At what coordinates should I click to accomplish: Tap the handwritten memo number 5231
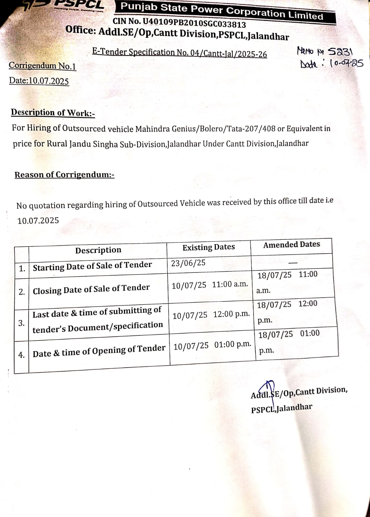coord(340,51)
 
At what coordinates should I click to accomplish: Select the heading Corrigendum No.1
coord(42,66)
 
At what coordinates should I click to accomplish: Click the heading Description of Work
coord(53,112)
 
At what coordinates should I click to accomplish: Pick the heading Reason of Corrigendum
coord(64,175)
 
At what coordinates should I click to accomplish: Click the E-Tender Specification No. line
coord(179,52)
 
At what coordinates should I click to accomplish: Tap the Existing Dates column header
coord(208,248)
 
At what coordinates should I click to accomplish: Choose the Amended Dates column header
coord(291,245)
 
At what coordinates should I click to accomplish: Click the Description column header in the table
coord(98,250)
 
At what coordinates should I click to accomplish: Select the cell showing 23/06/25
coord(188,263)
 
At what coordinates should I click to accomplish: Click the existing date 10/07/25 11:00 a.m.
coord(210,285)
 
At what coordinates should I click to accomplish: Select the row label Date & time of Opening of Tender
coord(99,351)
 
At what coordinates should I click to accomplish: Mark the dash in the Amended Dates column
coord(292,263)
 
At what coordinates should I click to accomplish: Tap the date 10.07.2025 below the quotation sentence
coord(38,221)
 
